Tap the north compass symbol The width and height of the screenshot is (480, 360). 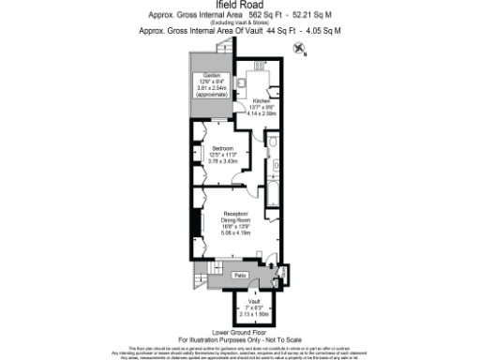click(x=298, y=53)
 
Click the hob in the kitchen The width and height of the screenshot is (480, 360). click(x=260, y=65)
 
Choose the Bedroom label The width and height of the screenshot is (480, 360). click(x=222, y=149)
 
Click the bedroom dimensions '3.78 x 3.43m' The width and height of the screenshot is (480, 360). click(x=223, y=160)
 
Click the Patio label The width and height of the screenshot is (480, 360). click(x=240, y=275)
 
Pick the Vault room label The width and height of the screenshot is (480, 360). click(x=253, y=301)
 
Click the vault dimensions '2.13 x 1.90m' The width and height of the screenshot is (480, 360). click(x=253, y=313)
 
